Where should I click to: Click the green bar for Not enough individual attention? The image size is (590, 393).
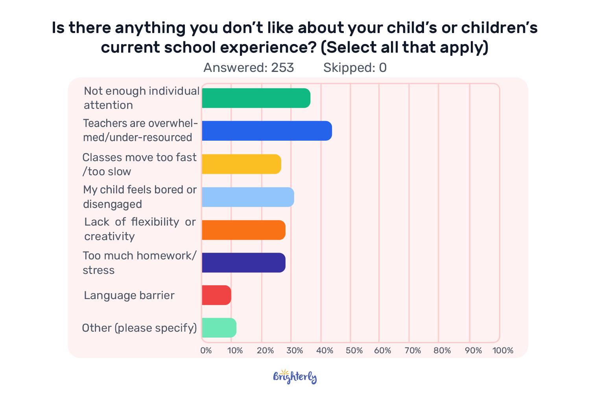[256, 98]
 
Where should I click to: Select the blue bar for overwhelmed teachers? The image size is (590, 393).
[267, 131]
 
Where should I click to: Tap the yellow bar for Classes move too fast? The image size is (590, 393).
[242, 164]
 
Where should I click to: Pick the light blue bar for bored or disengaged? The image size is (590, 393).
[248, 197]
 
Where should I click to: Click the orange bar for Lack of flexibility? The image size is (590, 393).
[243, 230]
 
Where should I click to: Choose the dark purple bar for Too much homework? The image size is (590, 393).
[243, 263]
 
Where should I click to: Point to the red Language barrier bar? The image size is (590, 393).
[216, 295]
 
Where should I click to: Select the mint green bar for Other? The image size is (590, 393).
[219, 328]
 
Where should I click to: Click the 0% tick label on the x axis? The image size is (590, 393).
[206, 350]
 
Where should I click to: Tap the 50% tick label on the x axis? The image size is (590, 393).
[354, 350]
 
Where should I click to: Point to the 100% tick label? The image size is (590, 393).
[503, 350]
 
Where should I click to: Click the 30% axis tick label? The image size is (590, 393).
[295, 350]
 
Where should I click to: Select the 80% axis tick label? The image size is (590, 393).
[442, 350]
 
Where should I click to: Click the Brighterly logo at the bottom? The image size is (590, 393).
[295, 377]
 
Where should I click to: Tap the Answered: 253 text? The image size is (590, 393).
[249, 68]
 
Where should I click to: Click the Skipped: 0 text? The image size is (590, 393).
[355, 68]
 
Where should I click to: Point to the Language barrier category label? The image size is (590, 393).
[129, 296]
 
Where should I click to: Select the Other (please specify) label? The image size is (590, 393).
[139, 328]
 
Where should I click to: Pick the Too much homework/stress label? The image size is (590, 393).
[140, 263]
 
